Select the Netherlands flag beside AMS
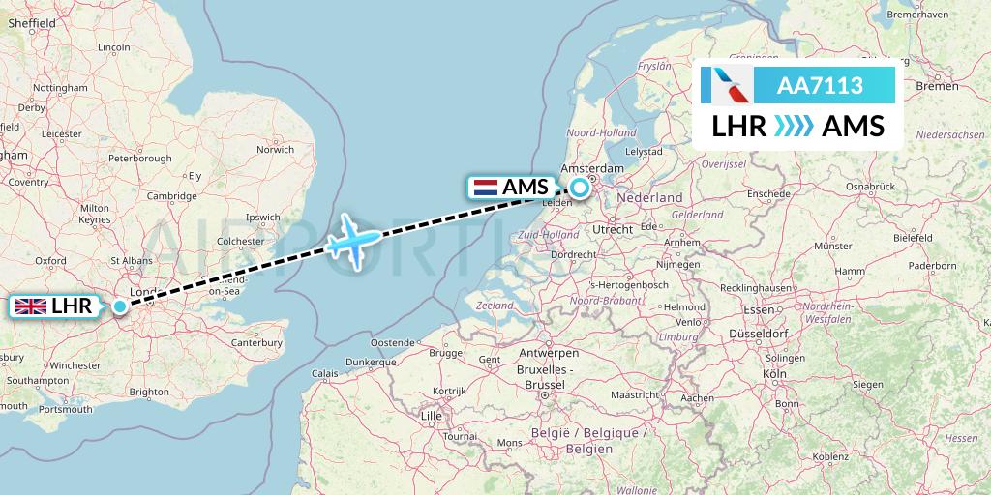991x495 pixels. coord(485,188)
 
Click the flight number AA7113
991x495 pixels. coord(821,86)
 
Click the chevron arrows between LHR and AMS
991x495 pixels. coord(794,127)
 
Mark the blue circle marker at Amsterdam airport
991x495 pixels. coord(580,188)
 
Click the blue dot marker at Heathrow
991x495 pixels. coord(119,307)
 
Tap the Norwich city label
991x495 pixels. coord(275,150)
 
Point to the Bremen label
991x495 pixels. coord(937,86)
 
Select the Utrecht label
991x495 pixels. coord(613,229)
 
